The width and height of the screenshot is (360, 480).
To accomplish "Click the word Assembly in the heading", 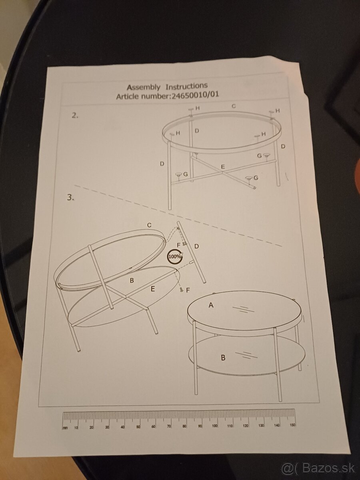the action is [x=143, y=87].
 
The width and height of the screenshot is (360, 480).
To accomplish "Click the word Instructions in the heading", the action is [x=186, y=86].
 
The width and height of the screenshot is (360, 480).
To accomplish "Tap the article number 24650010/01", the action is [x=195, y=95].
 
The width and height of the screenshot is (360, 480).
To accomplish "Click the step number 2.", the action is [x=75, y=116].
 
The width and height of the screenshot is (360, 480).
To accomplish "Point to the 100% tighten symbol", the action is [x=175, y=256].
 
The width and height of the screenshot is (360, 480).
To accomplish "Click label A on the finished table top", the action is [x=211, y=305].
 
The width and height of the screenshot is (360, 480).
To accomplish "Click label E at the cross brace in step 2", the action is [x=223, y=167].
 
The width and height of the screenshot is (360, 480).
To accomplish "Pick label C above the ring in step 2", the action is [x=234, y=106].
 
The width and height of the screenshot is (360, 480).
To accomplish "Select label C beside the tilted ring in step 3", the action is [x=149, y=225].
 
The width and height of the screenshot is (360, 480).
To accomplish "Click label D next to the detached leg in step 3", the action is [x=196, y=246].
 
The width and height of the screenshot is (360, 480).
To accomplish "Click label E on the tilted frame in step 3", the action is [x=153, y=289].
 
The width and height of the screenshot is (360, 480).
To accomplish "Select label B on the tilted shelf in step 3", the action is [x=132, y=280].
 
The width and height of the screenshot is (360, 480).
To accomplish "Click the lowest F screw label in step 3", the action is [x=188, y=290].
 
